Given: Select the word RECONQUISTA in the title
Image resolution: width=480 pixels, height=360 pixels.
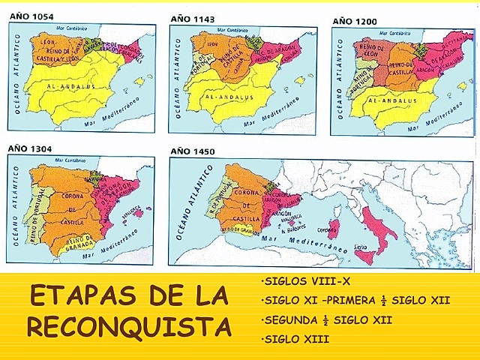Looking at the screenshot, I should (x=123, y=327).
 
